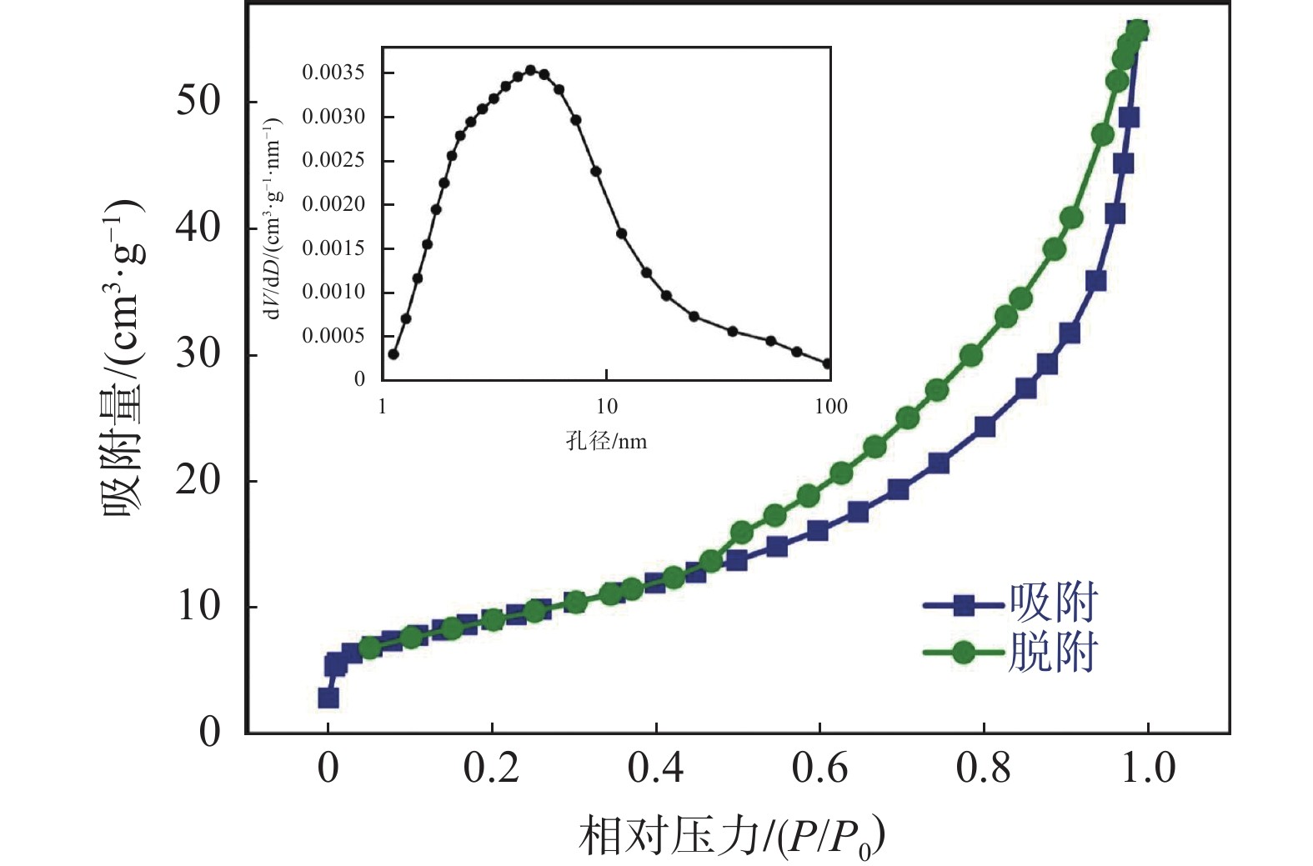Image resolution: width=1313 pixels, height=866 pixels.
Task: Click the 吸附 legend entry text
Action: [1053, 603]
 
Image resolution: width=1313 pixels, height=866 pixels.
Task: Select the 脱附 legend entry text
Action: [1053, 653]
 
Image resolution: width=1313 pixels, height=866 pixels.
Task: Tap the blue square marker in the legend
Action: [964, 605]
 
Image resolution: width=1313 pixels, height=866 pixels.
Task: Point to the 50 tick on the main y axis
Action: [198, 101]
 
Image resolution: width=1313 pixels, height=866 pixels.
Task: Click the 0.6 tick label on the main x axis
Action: [819, 768]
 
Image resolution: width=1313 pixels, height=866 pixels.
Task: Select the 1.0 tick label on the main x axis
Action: [1147, 768]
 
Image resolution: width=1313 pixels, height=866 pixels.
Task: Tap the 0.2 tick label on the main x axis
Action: [491, 768]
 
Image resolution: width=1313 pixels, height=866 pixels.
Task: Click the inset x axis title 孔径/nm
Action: [606, 441]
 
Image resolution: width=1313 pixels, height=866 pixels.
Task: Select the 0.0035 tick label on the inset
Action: [333, 73]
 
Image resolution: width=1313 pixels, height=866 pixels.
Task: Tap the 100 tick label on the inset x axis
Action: [830, 407]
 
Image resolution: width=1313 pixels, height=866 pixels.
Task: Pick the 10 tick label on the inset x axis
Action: [606, 407]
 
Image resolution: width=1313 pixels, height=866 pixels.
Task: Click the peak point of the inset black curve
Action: [530, 70]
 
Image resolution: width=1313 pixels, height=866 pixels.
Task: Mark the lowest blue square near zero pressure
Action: [328, 698]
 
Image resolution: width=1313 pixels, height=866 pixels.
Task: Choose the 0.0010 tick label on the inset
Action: [333, 292]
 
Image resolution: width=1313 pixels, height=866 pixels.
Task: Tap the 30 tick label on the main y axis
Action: [198, 354]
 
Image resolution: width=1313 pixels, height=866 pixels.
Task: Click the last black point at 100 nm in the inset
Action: [828, 363]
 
